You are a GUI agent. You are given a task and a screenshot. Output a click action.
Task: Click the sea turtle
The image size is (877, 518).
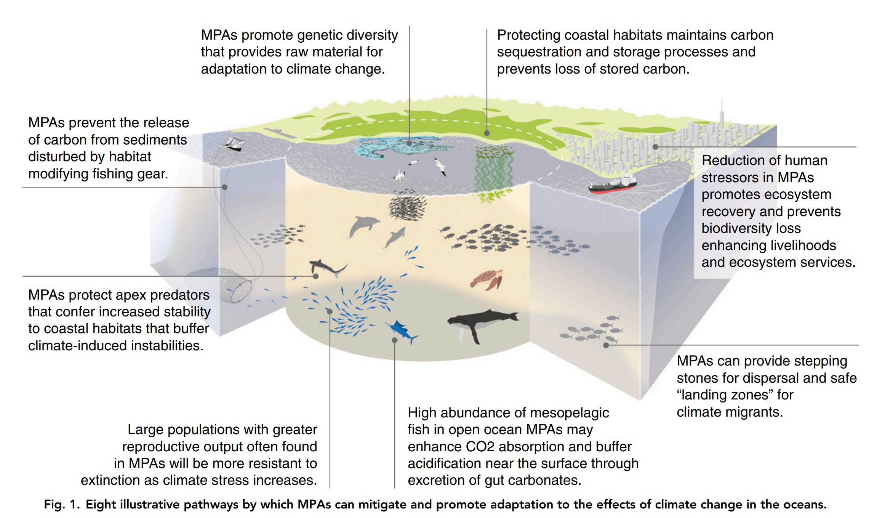point(487,280)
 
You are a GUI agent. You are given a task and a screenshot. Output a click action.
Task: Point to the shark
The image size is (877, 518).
point(327,267)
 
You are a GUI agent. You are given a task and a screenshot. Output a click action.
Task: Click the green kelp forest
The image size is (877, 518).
point(493,172)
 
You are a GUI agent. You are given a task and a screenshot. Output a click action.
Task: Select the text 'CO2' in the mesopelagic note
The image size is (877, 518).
point(480,446)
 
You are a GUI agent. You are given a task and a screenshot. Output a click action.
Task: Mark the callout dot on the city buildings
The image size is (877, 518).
point(655,147)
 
